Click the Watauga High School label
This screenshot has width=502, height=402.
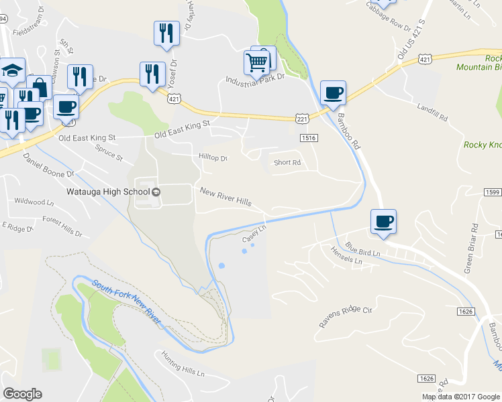[107, 192]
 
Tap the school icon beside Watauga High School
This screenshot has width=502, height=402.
[156, 192]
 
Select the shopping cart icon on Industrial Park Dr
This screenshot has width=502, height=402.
[256, 64]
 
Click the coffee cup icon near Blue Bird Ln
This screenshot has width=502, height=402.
[383, 221]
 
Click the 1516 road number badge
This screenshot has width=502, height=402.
[309, 137]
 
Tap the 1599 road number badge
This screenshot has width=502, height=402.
[492, 192]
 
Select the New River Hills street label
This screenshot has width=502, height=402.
[225, 196]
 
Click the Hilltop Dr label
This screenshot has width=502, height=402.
[213, 159]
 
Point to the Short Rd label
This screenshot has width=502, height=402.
[287, 163]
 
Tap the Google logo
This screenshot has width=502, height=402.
[22, 394]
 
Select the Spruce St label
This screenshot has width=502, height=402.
[109, 153]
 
